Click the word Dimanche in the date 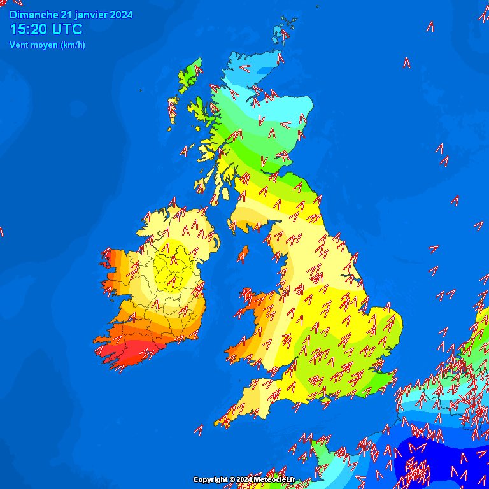tap(34, 15)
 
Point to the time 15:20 tap(28, 29)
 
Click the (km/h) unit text tap(73, 45)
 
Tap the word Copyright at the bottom tap(211, 479)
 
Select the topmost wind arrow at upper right tap(430, 27)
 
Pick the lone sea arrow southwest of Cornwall tap(199, 430)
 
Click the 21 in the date tap(66, 15)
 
